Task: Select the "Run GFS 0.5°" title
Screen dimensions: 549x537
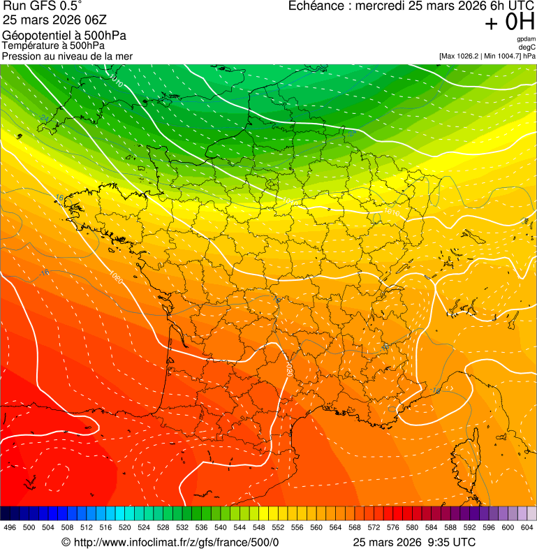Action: pos(43,7)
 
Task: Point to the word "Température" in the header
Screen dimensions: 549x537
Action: pos(29,46)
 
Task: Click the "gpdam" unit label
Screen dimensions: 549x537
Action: pos(526,39)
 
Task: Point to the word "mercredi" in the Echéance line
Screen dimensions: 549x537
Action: pos(383,6)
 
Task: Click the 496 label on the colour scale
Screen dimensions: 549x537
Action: pos(10,527)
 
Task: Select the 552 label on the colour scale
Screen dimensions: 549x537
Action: pos(277,527)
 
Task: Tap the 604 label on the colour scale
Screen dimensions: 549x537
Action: pos(527,527)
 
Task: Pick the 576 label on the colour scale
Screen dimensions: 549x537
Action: pos(392,527)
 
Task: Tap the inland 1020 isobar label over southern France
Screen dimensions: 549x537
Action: pos(288,369)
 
